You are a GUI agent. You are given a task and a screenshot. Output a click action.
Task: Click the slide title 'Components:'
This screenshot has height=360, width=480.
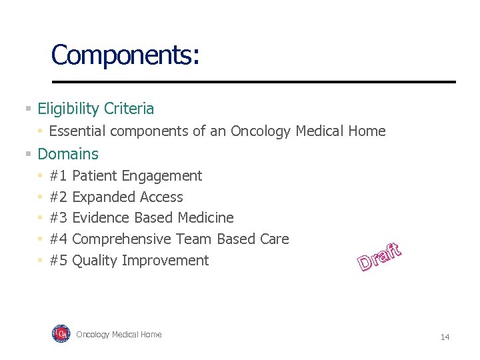125,55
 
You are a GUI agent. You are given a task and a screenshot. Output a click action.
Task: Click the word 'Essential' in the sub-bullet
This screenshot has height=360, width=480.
77,131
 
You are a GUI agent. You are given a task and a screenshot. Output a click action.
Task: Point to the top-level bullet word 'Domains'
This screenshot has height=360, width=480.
68,154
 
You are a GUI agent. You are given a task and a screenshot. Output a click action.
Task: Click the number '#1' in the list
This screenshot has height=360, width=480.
59,176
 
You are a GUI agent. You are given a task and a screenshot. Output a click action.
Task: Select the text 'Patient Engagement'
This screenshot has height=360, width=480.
137,176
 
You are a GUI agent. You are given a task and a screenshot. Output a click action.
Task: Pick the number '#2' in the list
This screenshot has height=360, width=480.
59,197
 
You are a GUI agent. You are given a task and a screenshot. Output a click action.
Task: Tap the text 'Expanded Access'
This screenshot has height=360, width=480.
127,197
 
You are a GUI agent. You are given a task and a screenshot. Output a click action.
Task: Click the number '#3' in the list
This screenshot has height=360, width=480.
59,218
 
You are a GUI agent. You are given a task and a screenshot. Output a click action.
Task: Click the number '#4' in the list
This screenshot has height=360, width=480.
59,239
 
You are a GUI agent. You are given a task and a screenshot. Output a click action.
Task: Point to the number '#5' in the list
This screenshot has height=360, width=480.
59,261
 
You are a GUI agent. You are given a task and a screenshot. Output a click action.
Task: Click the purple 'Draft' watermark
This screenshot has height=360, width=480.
379,257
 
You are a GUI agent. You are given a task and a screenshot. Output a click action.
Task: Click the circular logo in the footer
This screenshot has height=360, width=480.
61,333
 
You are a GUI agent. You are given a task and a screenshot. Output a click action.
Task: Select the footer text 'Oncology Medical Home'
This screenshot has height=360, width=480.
119,335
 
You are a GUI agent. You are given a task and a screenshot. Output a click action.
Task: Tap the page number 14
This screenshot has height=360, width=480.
445,337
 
